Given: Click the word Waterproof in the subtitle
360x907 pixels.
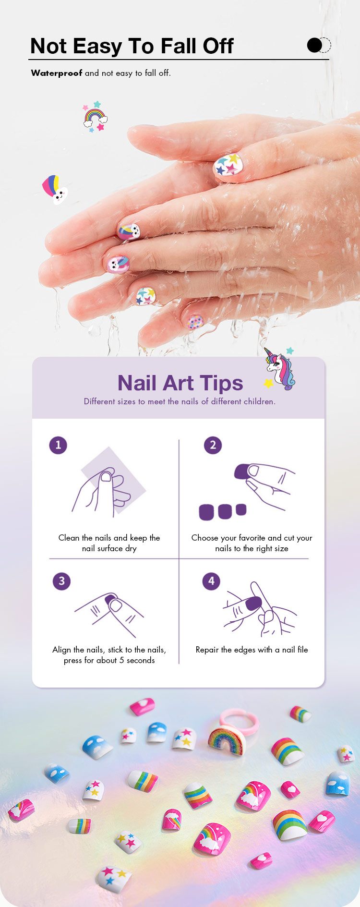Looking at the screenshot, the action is [57, 73].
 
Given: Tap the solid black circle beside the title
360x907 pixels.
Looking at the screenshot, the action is [314, 45].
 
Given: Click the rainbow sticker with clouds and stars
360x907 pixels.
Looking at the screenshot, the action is [95, 117].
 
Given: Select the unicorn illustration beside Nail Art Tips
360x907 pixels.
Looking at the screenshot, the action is [279, 369].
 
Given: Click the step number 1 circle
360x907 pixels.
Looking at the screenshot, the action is [58, 445].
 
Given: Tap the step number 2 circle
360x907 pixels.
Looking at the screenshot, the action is [213, 445].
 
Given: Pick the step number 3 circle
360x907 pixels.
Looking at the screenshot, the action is [61, 581].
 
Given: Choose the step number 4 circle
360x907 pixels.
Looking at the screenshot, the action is [211, 581].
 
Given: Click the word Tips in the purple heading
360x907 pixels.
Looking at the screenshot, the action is [222, 384].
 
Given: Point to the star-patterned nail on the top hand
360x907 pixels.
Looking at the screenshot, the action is [228, 165].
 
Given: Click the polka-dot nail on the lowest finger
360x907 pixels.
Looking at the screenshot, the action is [195, 321].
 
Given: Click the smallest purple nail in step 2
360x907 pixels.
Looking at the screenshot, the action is [241, 509].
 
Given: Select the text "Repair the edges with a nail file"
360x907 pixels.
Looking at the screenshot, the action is [252, 650].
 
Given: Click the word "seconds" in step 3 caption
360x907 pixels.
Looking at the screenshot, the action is [141, 660].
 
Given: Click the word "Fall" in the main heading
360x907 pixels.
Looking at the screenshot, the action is [179, 46].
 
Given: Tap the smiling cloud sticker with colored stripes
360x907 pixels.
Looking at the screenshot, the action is [55, 189].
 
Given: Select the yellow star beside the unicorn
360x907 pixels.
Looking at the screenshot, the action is [269, 383].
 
